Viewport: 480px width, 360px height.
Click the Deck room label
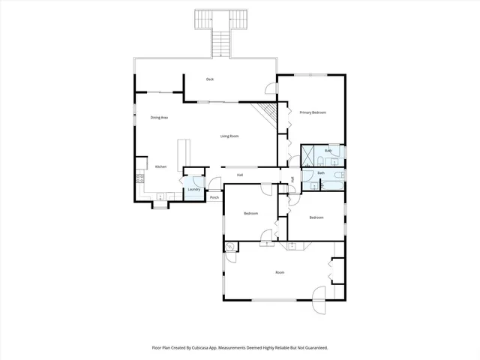211,79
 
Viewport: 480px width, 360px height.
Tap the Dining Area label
159,118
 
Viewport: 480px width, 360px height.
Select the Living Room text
229,136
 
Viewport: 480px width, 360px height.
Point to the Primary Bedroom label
313,112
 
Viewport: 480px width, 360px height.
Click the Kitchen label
160,166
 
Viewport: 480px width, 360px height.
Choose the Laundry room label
193,190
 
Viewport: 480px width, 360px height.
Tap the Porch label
214,198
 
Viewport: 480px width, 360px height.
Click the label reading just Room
280,272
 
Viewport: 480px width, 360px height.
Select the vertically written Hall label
292,178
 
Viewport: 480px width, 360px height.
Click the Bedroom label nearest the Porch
250,214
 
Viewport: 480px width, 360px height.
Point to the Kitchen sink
160,197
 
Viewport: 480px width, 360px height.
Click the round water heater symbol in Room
230,246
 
